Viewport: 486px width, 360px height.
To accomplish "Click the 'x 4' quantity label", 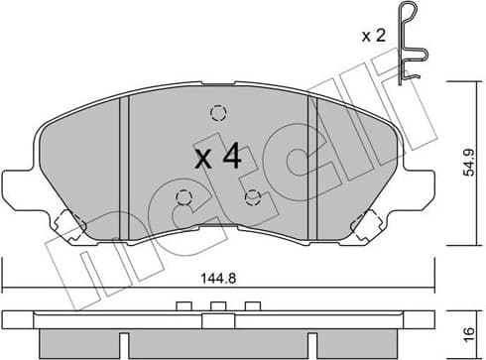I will [217, 156].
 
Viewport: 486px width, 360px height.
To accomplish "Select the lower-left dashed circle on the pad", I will [183, 196].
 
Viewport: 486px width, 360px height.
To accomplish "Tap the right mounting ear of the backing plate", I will [418, 188].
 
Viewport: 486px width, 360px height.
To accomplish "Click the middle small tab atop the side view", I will [217, 306].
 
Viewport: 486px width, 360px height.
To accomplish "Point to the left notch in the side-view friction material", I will [125, 344].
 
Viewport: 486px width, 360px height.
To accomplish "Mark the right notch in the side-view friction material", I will [310, 344].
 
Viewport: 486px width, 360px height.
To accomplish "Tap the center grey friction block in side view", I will [217, 342].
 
